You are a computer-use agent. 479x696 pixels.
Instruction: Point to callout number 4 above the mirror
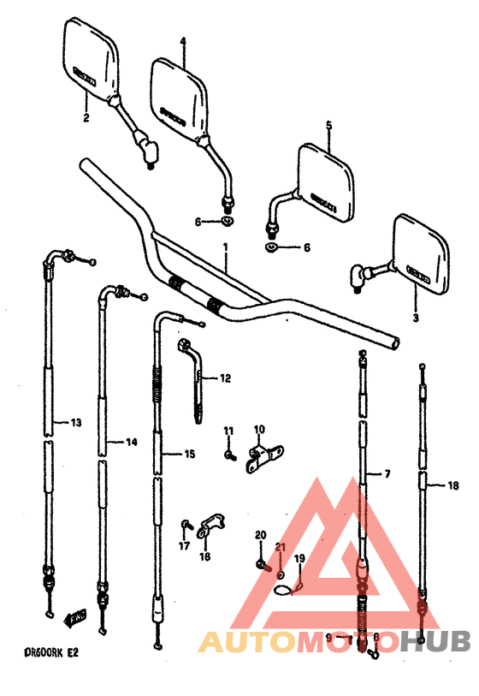click(x=182, y=41)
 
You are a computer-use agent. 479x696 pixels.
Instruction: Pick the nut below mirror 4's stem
click(x=227, y=223)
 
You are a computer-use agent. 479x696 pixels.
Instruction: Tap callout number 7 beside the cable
click(x=387, y=473)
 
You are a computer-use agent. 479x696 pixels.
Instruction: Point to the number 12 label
click(x=225, y=378)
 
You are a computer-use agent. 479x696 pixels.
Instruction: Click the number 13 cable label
click(x=75, y=422)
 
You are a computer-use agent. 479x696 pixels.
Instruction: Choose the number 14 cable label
click(x=131, y=442)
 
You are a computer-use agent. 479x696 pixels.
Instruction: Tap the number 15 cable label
click(x=190, y=454)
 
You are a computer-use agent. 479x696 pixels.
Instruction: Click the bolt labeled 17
click(x=186, y=525)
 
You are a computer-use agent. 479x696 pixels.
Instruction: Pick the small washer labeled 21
click(x=281, y=572)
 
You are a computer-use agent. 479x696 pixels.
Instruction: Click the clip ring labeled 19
click(x=286, y=589)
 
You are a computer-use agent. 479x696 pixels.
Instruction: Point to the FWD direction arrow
click(x=76, y=614)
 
